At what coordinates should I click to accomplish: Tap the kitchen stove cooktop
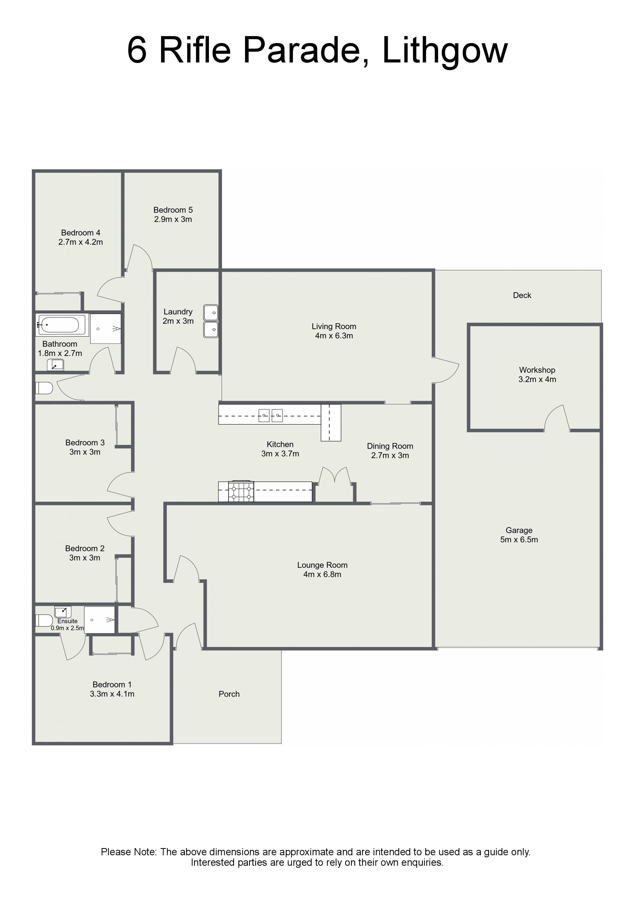[241, 492]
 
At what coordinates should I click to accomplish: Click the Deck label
[522, 295]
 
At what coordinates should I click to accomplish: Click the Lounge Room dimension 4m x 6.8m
[322, 574]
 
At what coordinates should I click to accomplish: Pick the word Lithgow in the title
[445, 51]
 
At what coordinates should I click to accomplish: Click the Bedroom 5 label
[173, 210]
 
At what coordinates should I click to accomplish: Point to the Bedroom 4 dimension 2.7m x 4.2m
[81, 242]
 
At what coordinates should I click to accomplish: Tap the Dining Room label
[390, 446]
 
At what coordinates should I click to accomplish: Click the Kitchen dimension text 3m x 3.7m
[280, 454]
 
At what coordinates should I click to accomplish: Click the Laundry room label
[178, 312]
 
